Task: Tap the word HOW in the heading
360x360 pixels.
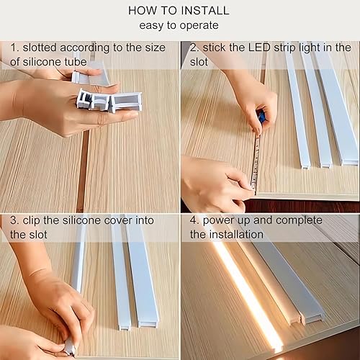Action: click(x=143, y=11)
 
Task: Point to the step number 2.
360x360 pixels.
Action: click(x=194, y=48)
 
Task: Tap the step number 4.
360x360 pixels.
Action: click(x=194, y=220)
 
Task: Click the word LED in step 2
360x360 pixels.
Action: click(x=261, y=48)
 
